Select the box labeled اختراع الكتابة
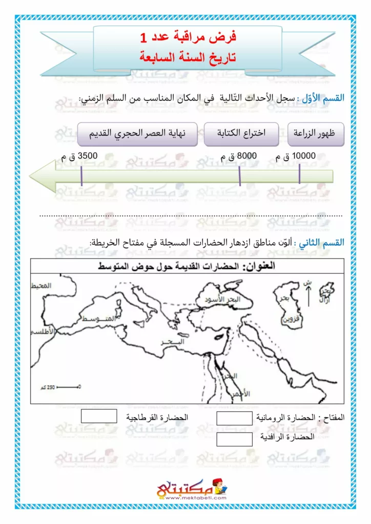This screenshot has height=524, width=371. (241, 135)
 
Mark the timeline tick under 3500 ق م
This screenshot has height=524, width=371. (81, 177)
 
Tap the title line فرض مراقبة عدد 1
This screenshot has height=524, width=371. (188, 37)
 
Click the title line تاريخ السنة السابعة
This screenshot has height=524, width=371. (188, 56)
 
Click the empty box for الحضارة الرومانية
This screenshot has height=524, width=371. (234, 419)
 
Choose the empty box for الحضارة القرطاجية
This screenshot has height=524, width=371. (99, 417)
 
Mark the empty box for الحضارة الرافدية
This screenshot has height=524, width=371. (234, 439)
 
